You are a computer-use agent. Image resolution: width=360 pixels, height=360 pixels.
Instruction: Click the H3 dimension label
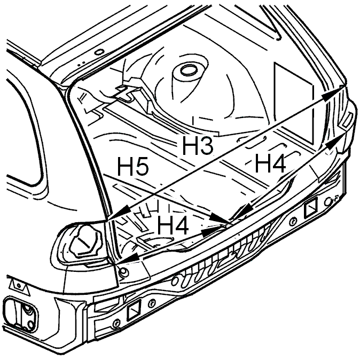(198, 145)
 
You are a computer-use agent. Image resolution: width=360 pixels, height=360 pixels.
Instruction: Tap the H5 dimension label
(133, 166)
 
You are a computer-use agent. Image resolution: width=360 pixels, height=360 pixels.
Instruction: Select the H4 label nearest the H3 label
(270, 163)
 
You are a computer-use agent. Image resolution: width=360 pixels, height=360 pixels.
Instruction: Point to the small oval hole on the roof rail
(99, 52)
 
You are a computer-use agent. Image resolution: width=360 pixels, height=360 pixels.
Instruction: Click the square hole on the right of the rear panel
(311, 208)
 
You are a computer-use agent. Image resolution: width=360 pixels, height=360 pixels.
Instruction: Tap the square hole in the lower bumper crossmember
(134, 310)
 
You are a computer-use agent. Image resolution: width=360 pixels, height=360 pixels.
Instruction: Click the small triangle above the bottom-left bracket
(19, 285)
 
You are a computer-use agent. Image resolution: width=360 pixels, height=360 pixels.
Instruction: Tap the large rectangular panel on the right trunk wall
(294, 103)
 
